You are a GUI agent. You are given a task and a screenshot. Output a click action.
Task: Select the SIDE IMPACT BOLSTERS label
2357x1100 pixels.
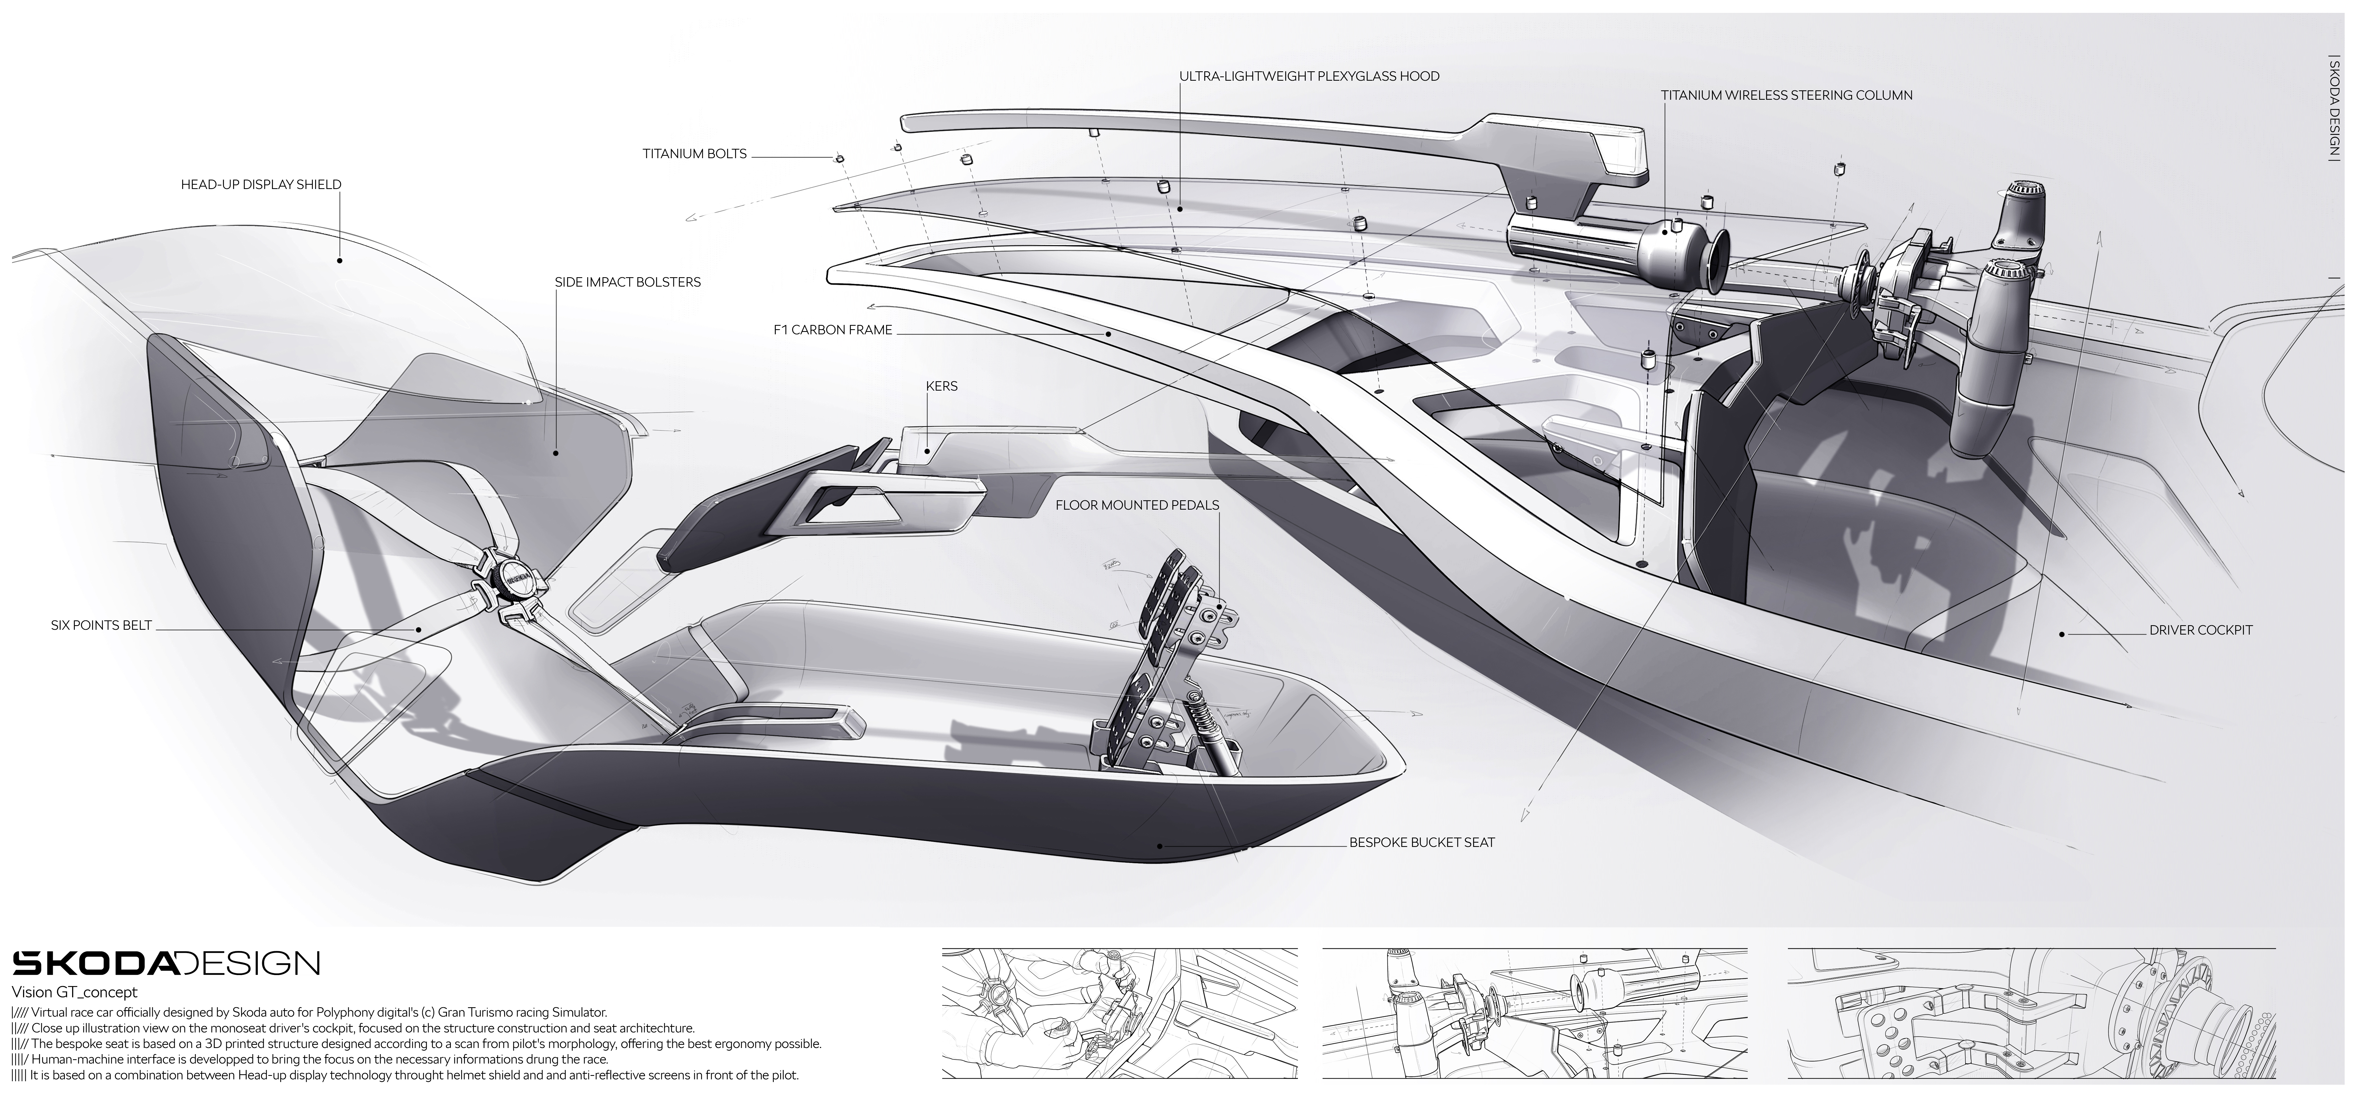coord(628,282)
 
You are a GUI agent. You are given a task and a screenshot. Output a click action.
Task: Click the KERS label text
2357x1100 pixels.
coord(941,386)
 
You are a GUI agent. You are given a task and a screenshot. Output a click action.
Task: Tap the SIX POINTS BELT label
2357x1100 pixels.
coord(101,626)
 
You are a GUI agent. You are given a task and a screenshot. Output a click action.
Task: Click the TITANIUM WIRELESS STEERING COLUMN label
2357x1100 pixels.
coord(1787,95)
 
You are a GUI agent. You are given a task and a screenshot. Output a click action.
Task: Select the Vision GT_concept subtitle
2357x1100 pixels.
coord(74,992)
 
